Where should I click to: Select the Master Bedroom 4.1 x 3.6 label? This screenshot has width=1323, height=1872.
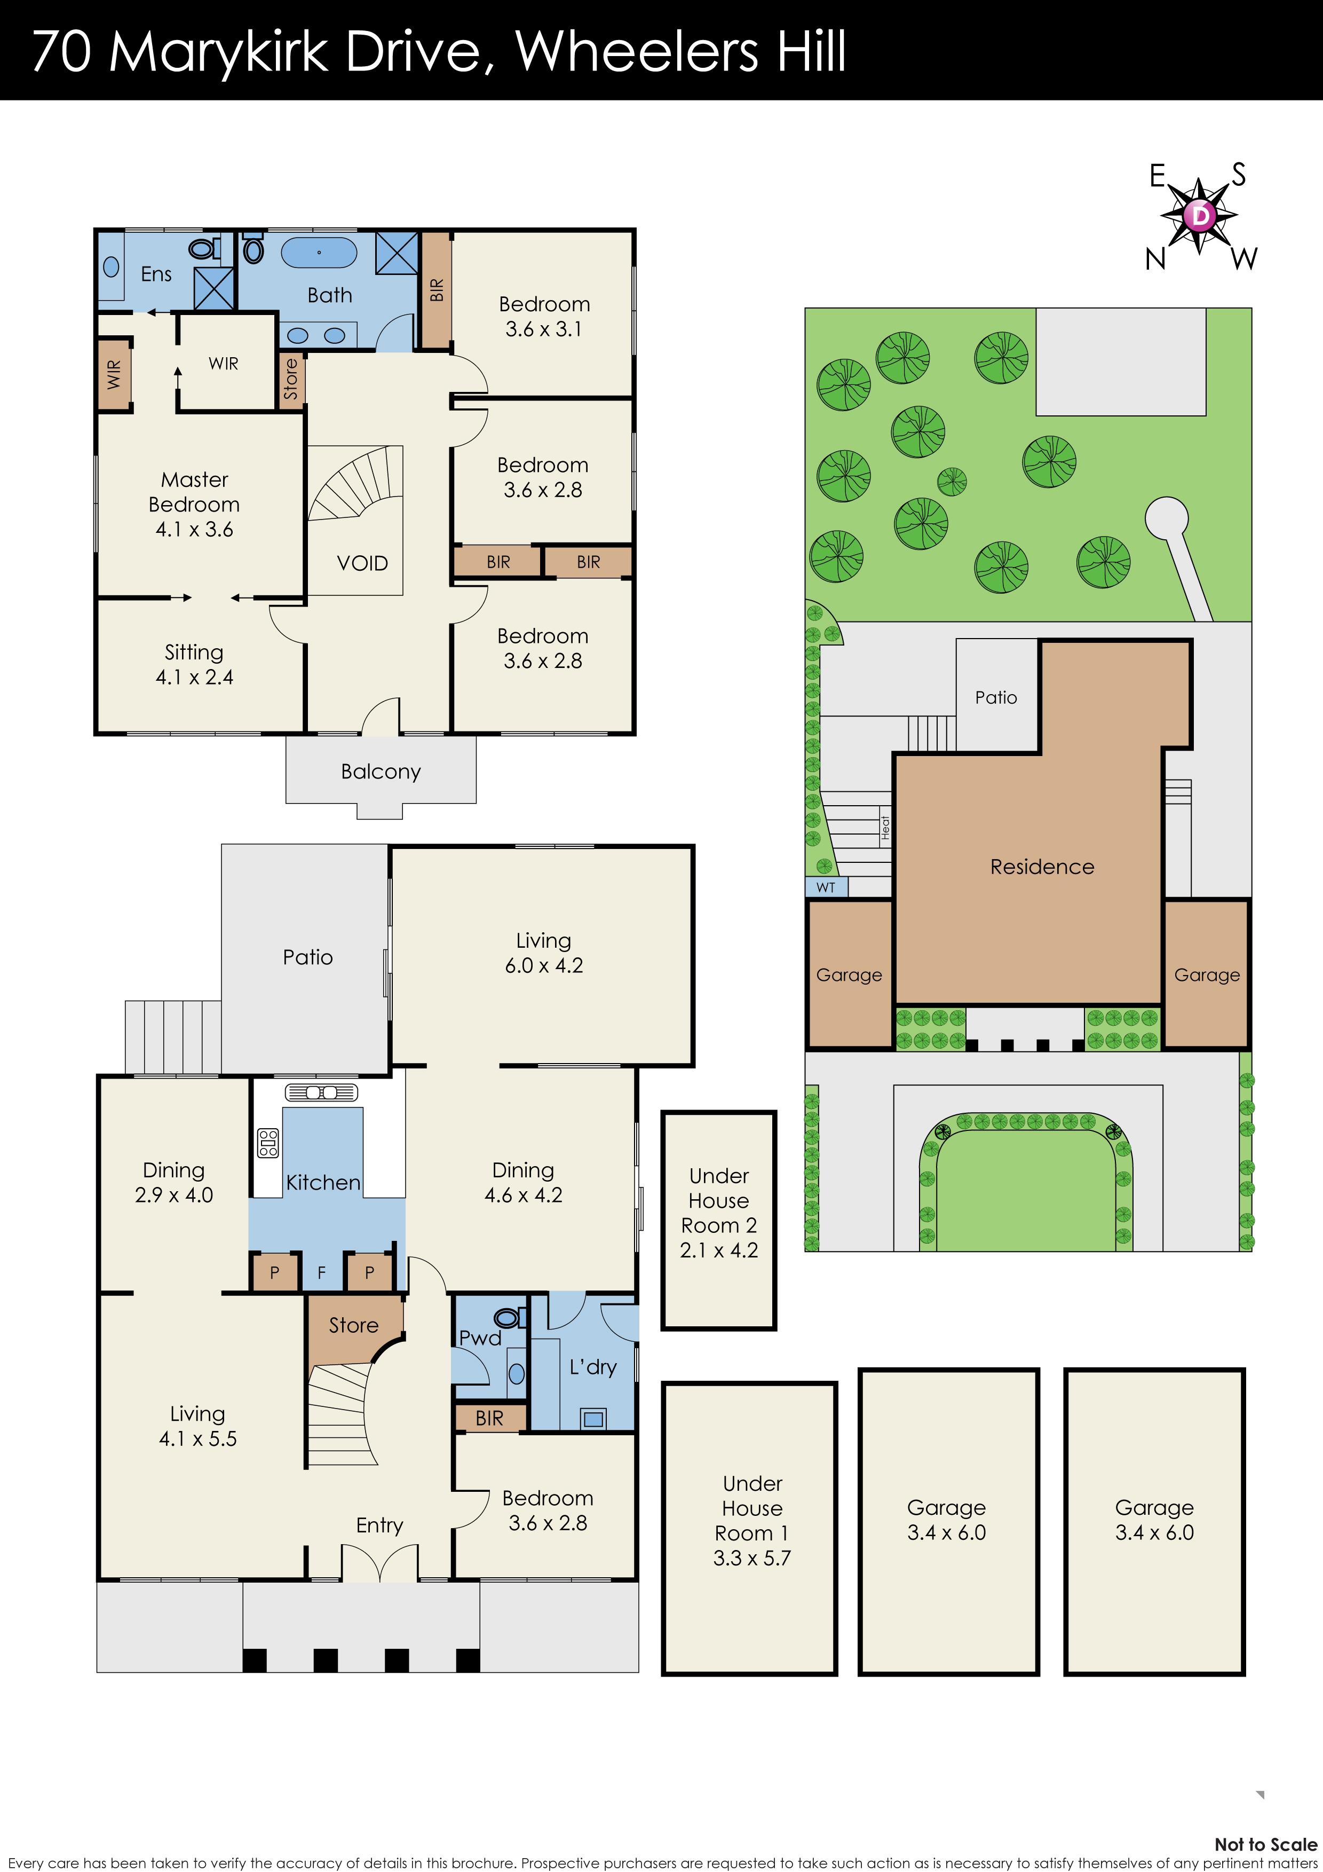[x=194, y=504]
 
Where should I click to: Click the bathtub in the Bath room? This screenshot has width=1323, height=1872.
[x=319, y=253]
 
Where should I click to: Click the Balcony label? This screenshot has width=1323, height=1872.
[x=381, y=772]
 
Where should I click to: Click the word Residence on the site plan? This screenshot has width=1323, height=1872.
[x=1042, y=867]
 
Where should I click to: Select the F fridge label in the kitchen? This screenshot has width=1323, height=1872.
[x=322, y=1272]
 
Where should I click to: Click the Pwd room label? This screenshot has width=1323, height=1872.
[x=480, y=1338]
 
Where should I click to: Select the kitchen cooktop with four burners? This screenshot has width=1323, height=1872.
[x=267, y=1143]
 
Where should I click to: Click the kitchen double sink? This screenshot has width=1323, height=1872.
[x=322, y=1092]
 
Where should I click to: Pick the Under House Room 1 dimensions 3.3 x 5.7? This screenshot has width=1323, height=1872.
[x=751, y=1558]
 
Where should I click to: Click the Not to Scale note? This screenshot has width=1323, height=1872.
[x=1265, y=1844]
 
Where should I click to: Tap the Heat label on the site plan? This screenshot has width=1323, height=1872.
[x=885, y=828]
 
